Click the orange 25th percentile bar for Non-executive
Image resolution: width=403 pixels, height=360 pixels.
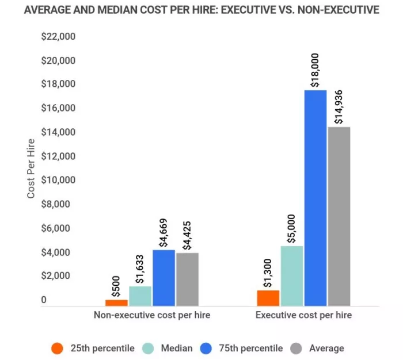click(116, 302)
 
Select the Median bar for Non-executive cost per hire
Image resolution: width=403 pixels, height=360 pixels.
click(140, 296)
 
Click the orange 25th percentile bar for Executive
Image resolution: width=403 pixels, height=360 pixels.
click(268, 298)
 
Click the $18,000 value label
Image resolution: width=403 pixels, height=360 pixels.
click(315, 70)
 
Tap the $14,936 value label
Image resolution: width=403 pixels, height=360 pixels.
click(339, 106)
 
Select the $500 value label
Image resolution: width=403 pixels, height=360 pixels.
click(116, 285)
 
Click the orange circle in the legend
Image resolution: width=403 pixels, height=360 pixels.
click(57, 348)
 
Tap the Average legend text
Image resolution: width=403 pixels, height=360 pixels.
click(326, 348)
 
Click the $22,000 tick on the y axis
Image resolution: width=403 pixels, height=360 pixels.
click(58, 36)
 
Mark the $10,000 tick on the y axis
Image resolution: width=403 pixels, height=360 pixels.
click(58, 180)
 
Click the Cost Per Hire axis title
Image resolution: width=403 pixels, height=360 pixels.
click(31, 168)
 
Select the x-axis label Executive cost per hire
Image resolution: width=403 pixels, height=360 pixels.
click(303, 315)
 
